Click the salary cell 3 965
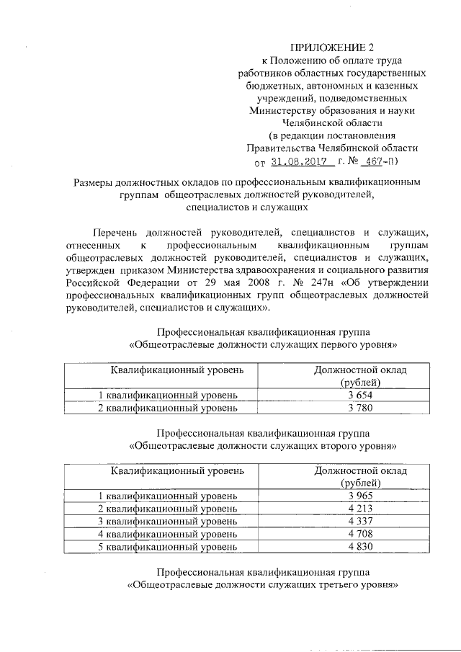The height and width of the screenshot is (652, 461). pyautogui.click(x=360, y=496)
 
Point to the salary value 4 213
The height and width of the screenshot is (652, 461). pyautogui.click(x=360, y=509)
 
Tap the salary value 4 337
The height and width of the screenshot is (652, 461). pyautogui.click(x=360, y=521)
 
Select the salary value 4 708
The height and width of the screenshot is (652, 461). pyautogui.click(x=360, y=534)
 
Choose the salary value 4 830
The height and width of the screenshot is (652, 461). pyautogui.click(x=360, y=547)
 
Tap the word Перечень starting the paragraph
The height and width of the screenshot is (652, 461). pyautogui.click(x=115, y=232)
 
